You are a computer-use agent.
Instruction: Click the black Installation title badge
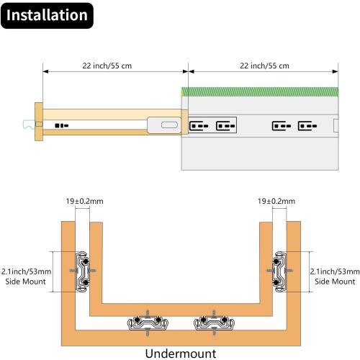click(47, 16)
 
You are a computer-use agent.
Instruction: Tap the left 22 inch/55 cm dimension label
click(107, 66)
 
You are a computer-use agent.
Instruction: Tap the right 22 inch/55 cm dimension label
click(264, 66)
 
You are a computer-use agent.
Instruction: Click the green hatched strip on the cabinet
click(260, 92)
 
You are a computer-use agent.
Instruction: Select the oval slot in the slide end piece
click(169, 125)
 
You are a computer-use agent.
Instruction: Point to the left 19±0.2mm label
click(85, 201)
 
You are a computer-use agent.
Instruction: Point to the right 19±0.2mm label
click(276, 201)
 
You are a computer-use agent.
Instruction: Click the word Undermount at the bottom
click(181, 354)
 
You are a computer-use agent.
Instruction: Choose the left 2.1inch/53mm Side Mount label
click(26, 276)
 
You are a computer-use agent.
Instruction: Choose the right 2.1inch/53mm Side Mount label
click(335, 276)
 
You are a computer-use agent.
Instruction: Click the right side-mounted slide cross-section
click(279, 271)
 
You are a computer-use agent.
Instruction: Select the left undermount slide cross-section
click(148, 323)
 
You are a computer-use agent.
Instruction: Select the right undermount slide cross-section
click(214, 323)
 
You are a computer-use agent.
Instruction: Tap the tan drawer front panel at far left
click(39, 122)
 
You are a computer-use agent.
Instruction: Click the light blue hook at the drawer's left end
click(29, 125)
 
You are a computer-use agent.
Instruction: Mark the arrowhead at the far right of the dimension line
click(336, 71)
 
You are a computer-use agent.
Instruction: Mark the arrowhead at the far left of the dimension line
click(46, 71)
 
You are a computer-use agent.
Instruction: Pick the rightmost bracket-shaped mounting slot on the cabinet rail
click(307, 126)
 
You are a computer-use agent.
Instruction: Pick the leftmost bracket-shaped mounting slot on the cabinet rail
click(199, 126)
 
